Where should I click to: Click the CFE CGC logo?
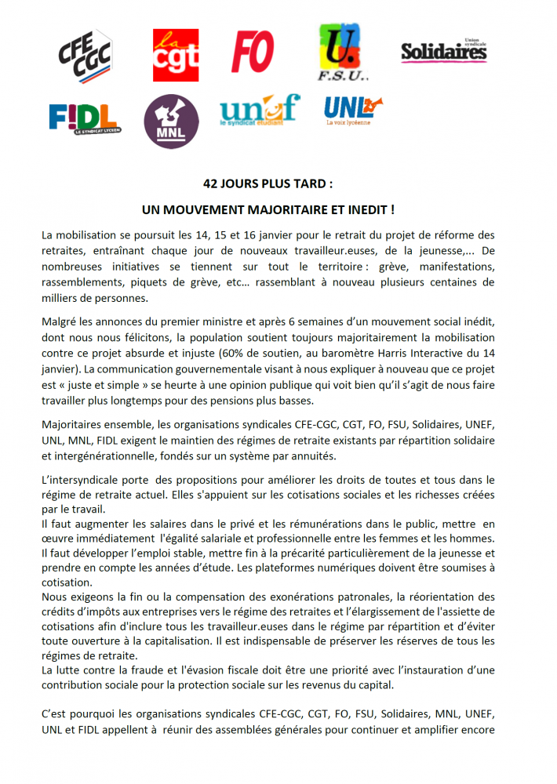(x=86, y=55)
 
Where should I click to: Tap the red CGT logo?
(x=175, y=55)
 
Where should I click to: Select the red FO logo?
(x=252, y=53)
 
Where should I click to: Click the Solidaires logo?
(x=443, y=52)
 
